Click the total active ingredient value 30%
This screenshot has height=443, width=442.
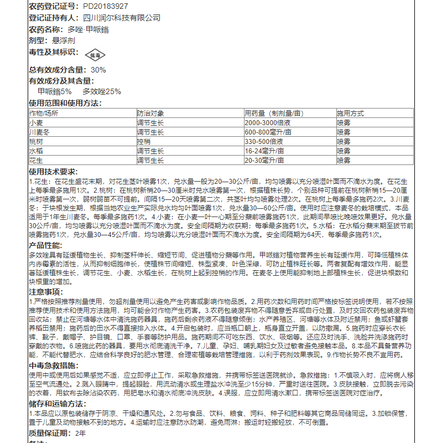[x=98, y=70]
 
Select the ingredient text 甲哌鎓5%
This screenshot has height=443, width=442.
[x=55, y=91]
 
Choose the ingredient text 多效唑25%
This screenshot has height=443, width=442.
[x=102, y=91]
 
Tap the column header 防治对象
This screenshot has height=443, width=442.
[x=151, y=113]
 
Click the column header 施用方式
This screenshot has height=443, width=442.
[x=350, y=113]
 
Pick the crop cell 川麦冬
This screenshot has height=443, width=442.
[x=39, y=132]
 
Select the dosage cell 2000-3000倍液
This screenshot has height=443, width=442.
[x=268, y=122]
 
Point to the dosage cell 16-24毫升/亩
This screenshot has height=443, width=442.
[x=264, y=151]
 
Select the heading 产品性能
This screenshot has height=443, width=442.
[x=45, y=245]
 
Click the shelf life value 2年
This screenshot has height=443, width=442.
[x=81, y=432]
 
